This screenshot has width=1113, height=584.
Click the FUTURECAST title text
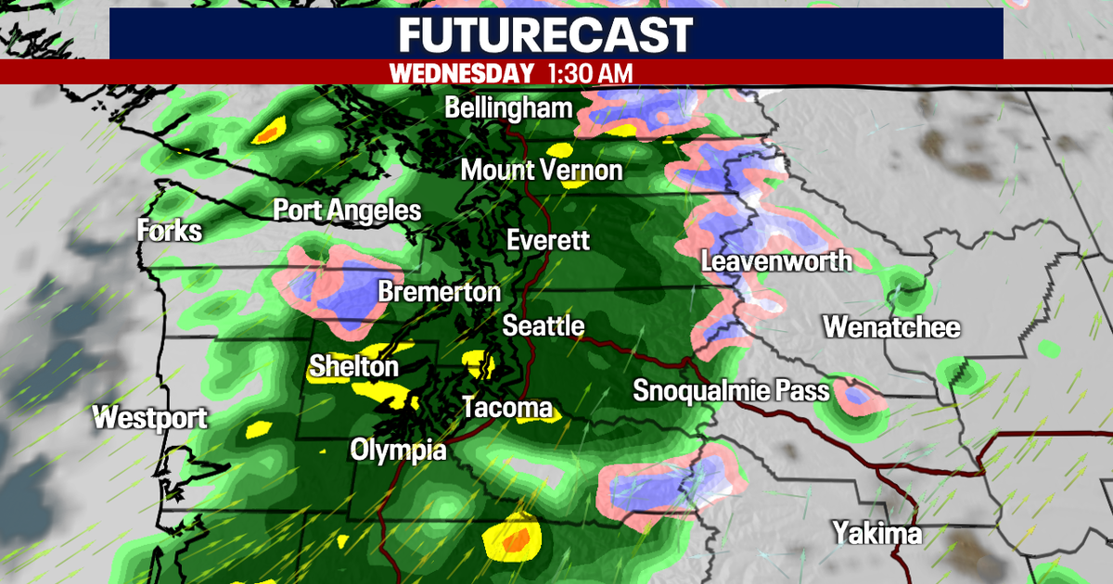(546, 35)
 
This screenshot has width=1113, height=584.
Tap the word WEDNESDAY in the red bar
(462, 73)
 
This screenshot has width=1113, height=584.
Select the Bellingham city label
(508, 108)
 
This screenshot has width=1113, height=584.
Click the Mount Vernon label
(542, 171)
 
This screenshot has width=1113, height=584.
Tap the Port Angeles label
(347, 210)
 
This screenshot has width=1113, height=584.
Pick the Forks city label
(169, 230)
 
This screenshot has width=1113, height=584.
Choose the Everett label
(548, 240)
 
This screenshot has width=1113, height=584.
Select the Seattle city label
(544, 326)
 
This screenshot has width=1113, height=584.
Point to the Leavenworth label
(776, 260)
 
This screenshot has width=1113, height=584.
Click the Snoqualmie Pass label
(731, 390)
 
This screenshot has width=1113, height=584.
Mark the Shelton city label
(353, 367)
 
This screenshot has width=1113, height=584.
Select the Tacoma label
(507, 408)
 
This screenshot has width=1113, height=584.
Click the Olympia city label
(398, 451)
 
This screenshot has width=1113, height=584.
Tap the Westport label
(150, 418)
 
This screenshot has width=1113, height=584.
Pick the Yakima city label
(876, 534)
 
